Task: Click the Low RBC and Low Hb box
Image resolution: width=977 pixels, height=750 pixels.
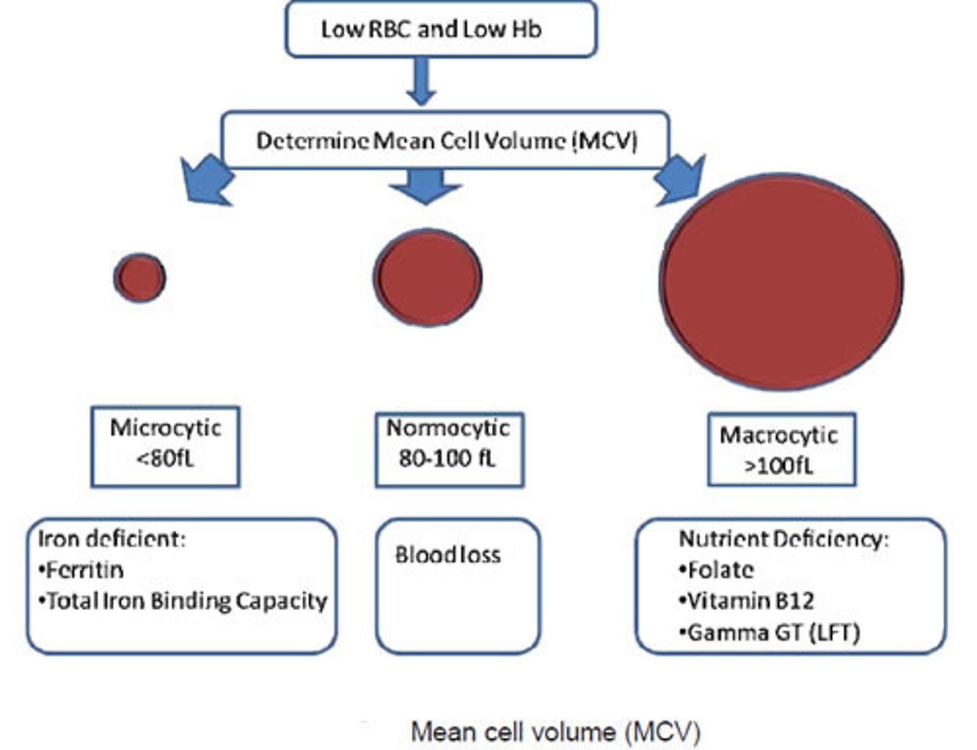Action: click(440, 29)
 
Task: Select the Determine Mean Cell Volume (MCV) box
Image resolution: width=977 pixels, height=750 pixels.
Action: click(446, 140)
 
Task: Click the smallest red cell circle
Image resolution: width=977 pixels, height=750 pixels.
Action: click(140, 277)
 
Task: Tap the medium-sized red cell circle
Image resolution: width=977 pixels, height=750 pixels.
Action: click(427, 278)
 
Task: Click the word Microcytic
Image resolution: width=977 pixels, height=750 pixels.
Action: click(166, 428)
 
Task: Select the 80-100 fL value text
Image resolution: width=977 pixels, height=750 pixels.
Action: click(448, 459)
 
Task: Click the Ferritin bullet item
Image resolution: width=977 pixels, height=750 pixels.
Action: click(82, 569)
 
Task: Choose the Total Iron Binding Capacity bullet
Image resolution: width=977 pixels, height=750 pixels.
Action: click(184, 601)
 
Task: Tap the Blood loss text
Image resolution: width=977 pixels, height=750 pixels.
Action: click(448, 555)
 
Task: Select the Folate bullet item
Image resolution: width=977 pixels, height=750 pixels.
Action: click(718, 569)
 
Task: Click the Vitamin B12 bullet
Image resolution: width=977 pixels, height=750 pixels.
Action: click(748, 601)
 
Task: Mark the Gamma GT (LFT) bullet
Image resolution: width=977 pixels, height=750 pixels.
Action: click(771, 633)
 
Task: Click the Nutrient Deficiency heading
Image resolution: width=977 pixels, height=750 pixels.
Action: click(783, 539)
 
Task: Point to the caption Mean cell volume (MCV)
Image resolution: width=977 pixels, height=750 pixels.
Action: click(555, 732)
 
